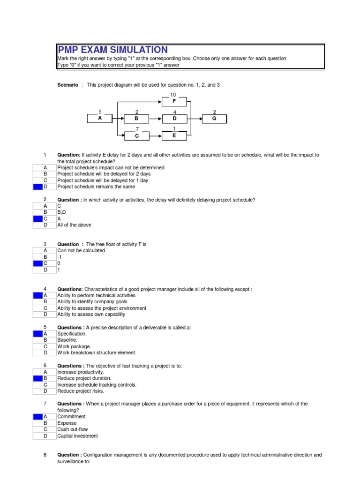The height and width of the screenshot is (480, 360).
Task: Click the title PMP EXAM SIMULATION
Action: coord(112,50)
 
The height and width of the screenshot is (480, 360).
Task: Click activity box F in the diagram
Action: coord(174,100)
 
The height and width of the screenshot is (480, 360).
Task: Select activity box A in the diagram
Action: coord(100,118)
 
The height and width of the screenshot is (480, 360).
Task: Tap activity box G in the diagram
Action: coord(214,118)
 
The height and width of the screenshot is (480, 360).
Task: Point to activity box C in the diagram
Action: coord(136,136)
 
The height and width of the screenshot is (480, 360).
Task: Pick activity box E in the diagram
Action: coord(174,136)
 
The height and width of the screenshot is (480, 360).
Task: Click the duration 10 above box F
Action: coord(173,94)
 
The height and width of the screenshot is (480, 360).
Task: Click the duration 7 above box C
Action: coord(137,129)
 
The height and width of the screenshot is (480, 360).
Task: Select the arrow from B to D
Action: coord(155,118)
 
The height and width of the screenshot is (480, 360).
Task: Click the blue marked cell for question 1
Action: coord(37,187)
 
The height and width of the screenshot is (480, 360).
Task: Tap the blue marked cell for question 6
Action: coord(37,378)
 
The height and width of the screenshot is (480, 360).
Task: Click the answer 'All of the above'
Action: coord(74,225)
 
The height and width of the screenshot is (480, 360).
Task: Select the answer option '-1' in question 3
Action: coord(60,257)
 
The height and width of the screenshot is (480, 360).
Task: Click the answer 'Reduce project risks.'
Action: coord(81,391)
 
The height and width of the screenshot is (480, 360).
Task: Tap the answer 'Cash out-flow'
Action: coord(72,429)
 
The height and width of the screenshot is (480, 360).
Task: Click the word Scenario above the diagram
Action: coord(67,85)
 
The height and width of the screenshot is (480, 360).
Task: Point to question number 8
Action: coord(45,455)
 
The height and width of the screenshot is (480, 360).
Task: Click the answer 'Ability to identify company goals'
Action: coord(92,302)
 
